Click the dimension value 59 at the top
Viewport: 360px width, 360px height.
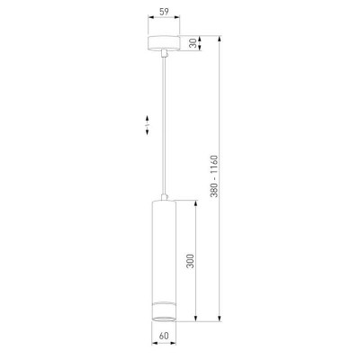coord(164,12)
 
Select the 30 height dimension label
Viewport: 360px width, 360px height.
coord(193,43)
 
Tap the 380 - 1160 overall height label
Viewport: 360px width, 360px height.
coord(215,176)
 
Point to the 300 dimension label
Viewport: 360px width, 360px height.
coord(190,261)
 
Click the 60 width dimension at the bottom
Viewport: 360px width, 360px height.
coord(164,336)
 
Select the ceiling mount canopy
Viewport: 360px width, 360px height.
coord(164,42)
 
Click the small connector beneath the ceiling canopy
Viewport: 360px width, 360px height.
coord(164,53)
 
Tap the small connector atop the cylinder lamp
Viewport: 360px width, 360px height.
coord(164,197)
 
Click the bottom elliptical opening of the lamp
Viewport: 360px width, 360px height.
coord(164,318)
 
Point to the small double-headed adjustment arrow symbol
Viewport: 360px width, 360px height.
coord(148,125)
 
